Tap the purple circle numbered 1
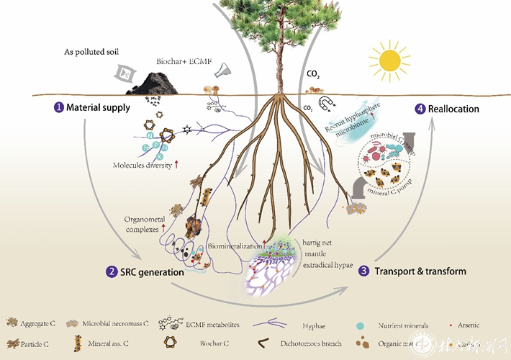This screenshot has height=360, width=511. click(58, 108)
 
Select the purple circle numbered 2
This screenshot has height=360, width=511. click(112, 272)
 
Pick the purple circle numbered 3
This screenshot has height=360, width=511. click(364, 271)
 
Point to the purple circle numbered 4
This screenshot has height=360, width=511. click(420, 109)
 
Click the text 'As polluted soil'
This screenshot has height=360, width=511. click(89, 53)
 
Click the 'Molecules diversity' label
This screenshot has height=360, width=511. click(143, 165)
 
